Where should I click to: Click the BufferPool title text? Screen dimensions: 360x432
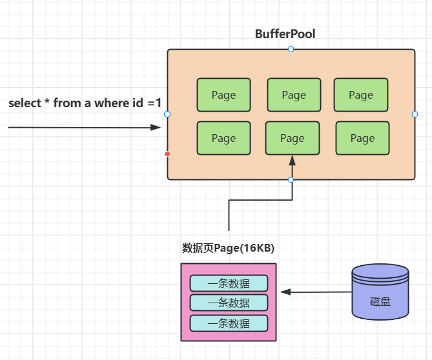[285, 34]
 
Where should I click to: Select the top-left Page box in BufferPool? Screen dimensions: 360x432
[223, 95]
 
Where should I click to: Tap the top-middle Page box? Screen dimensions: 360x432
[294, 95]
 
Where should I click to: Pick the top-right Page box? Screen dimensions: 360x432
[361, 95]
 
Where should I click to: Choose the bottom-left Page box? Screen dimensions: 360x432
[223, 138]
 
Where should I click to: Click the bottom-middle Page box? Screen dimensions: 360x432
[292, 138]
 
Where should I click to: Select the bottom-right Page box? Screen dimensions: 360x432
[362, 138]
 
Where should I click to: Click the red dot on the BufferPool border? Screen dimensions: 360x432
[167, 154]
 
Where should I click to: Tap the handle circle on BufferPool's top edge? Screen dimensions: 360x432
[291, 49]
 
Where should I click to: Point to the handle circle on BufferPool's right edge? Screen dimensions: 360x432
[415, 114]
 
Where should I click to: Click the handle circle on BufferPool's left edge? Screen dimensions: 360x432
[167, 114]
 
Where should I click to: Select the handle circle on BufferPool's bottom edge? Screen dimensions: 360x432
[291, 179]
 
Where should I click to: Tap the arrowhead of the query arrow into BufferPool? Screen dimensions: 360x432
[155, 128]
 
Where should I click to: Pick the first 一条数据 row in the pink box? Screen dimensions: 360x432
[229, 283]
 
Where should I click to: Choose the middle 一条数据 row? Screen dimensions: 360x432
[229, 303]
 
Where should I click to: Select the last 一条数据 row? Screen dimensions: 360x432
[229, 323]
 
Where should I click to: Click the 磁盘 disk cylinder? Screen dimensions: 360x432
[380, 294]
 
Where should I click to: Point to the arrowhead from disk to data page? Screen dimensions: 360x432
[285, 292]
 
